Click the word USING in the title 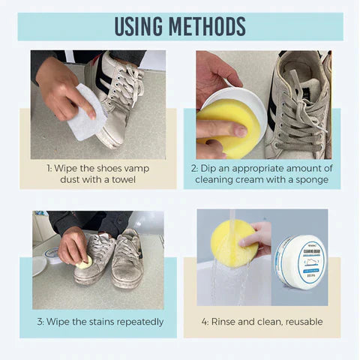tap(141, 26)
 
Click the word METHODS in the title tap(207, 26)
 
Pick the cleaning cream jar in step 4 tap(299, 262)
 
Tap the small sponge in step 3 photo tap(85, 262)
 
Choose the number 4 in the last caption tap(203, 322)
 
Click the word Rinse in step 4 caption tap(226, 322)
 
